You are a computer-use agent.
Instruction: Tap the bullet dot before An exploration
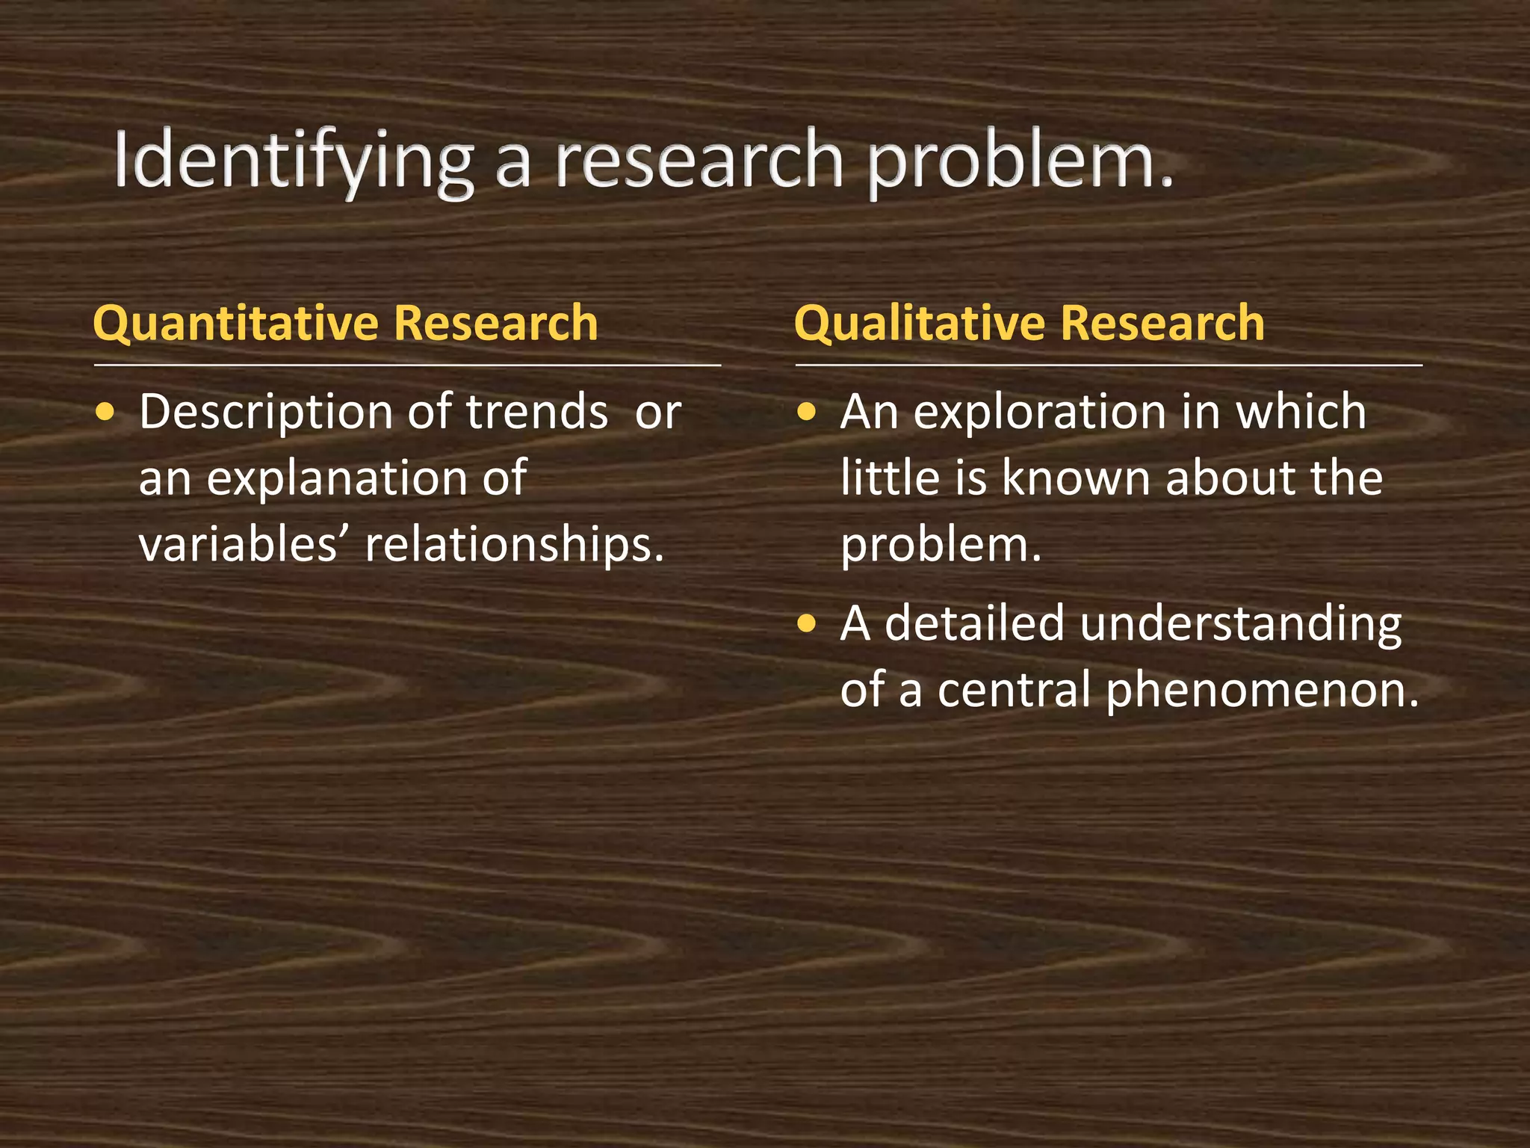(x=806, y=412)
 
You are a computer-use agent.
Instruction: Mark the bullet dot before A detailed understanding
(x=806, y=623)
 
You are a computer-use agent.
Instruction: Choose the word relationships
(x=514, y=544)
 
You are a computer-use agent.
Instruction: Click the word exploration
(x=1038, y=412)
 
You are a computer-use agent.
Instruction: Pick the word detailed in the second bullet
(x=974, y=623)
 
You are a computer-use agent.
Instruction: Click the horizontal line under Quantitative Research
(x=407, y=365)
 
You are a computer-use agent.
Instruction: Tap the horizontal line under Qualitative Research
(x=1109, y=365)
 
